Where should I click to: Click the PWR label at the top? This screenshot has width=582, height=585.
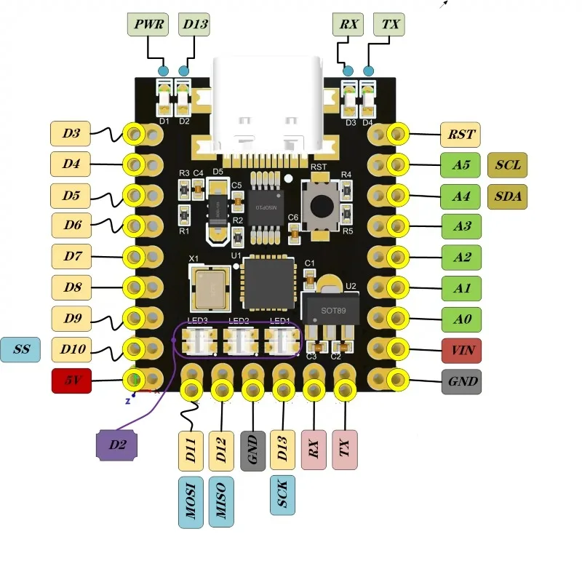pos(148,25)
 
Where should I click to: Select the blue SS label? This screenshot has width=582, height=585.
pos(22,349)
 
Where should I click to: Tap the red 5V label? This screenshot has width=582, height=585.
pos(71,381)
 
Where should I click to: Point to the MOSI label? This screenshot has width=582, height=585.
pos(191,502)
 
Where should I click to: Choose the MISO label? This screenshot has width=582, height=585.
pos(221,502)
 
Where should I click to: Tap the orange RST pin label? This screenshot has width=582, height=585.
pos(461,134)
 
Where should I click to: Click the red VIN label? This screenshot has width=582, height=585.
pos(461,350)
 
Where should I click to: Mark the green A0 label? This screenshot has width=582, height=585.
pos(461,319)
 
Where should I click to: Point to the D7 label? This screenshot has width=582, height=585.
pos(71,256)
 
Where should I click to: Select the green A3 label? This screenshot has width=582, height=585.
pos(461,226)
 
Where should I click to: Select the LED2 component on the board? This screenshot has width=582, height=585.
pos(239,338)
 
